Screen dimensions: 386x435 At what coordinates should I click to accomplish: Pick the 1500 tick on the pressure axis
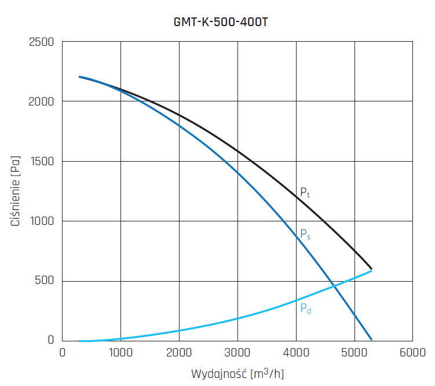coord(41,162)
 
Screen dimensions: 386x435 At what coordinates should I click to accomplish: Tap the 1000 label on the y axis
coord(41,221)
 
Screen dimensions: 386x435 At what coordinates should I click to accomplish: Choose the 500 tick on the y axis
coord(44,281)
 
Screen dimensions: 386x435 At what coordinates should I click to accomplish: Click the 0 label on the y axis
coord(51,341)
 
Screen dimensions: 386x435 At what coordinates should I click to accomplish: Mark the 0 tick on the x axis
coord(63,352)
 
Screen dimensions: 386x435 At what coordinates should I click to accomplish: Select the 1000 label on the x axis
coord(120,352)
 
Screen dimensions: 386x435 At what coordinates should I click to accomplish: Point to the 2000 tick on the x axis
coord(179,352)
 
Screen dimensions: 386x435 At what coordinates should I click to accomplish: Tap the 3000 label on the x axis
coord(237,352)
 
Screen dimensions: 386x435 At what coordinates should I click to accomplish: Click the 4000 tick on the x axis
coord(296,352)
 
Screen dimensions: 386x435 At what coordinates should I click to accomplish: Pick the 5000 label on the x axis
coord(354,352)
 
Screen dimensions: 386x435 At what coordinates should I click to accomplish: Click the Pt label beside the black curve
coord(305,193)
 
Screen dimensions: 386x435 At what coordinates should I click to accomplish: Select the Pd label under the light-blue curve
coord(305,308)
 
